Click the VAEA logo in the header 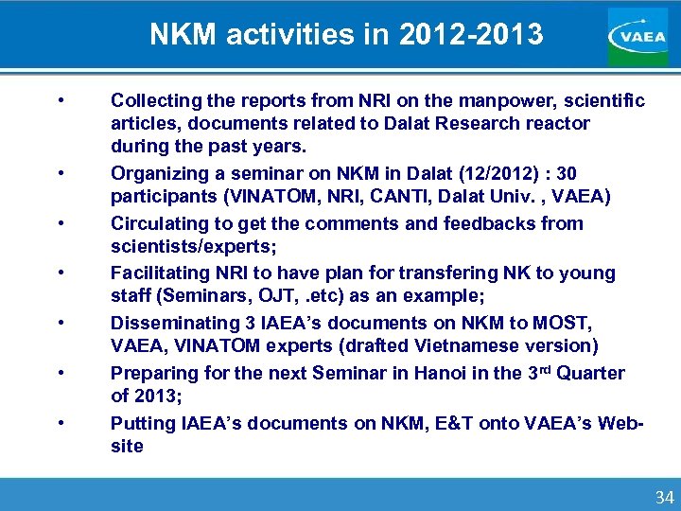tap(637, 36)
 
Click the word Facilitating tap(155, 273)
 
